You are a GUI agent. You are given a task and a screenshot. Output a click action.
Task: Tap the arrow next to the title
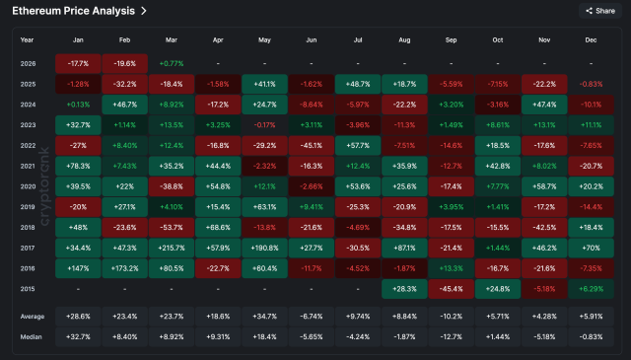click(x=144, y=11)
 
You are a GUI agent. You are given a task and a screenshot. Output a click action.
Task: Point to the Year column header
click(x=27, y=39)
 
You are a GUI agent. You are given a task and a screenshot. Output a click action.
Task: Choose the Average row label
click(x=32, y=317)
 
